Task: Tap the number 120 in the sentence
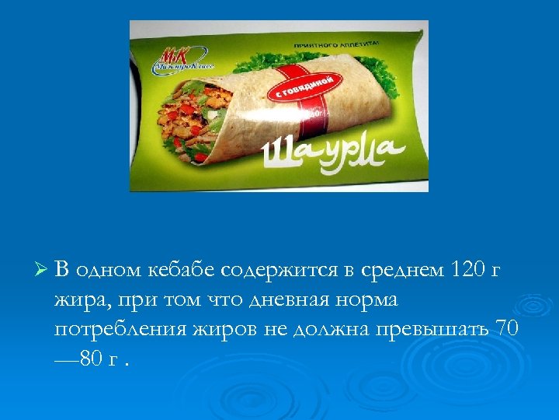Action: (465, 270)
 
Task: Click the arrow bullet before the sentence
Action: (42, 271)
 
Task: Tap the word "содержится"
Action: (281, 270)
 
